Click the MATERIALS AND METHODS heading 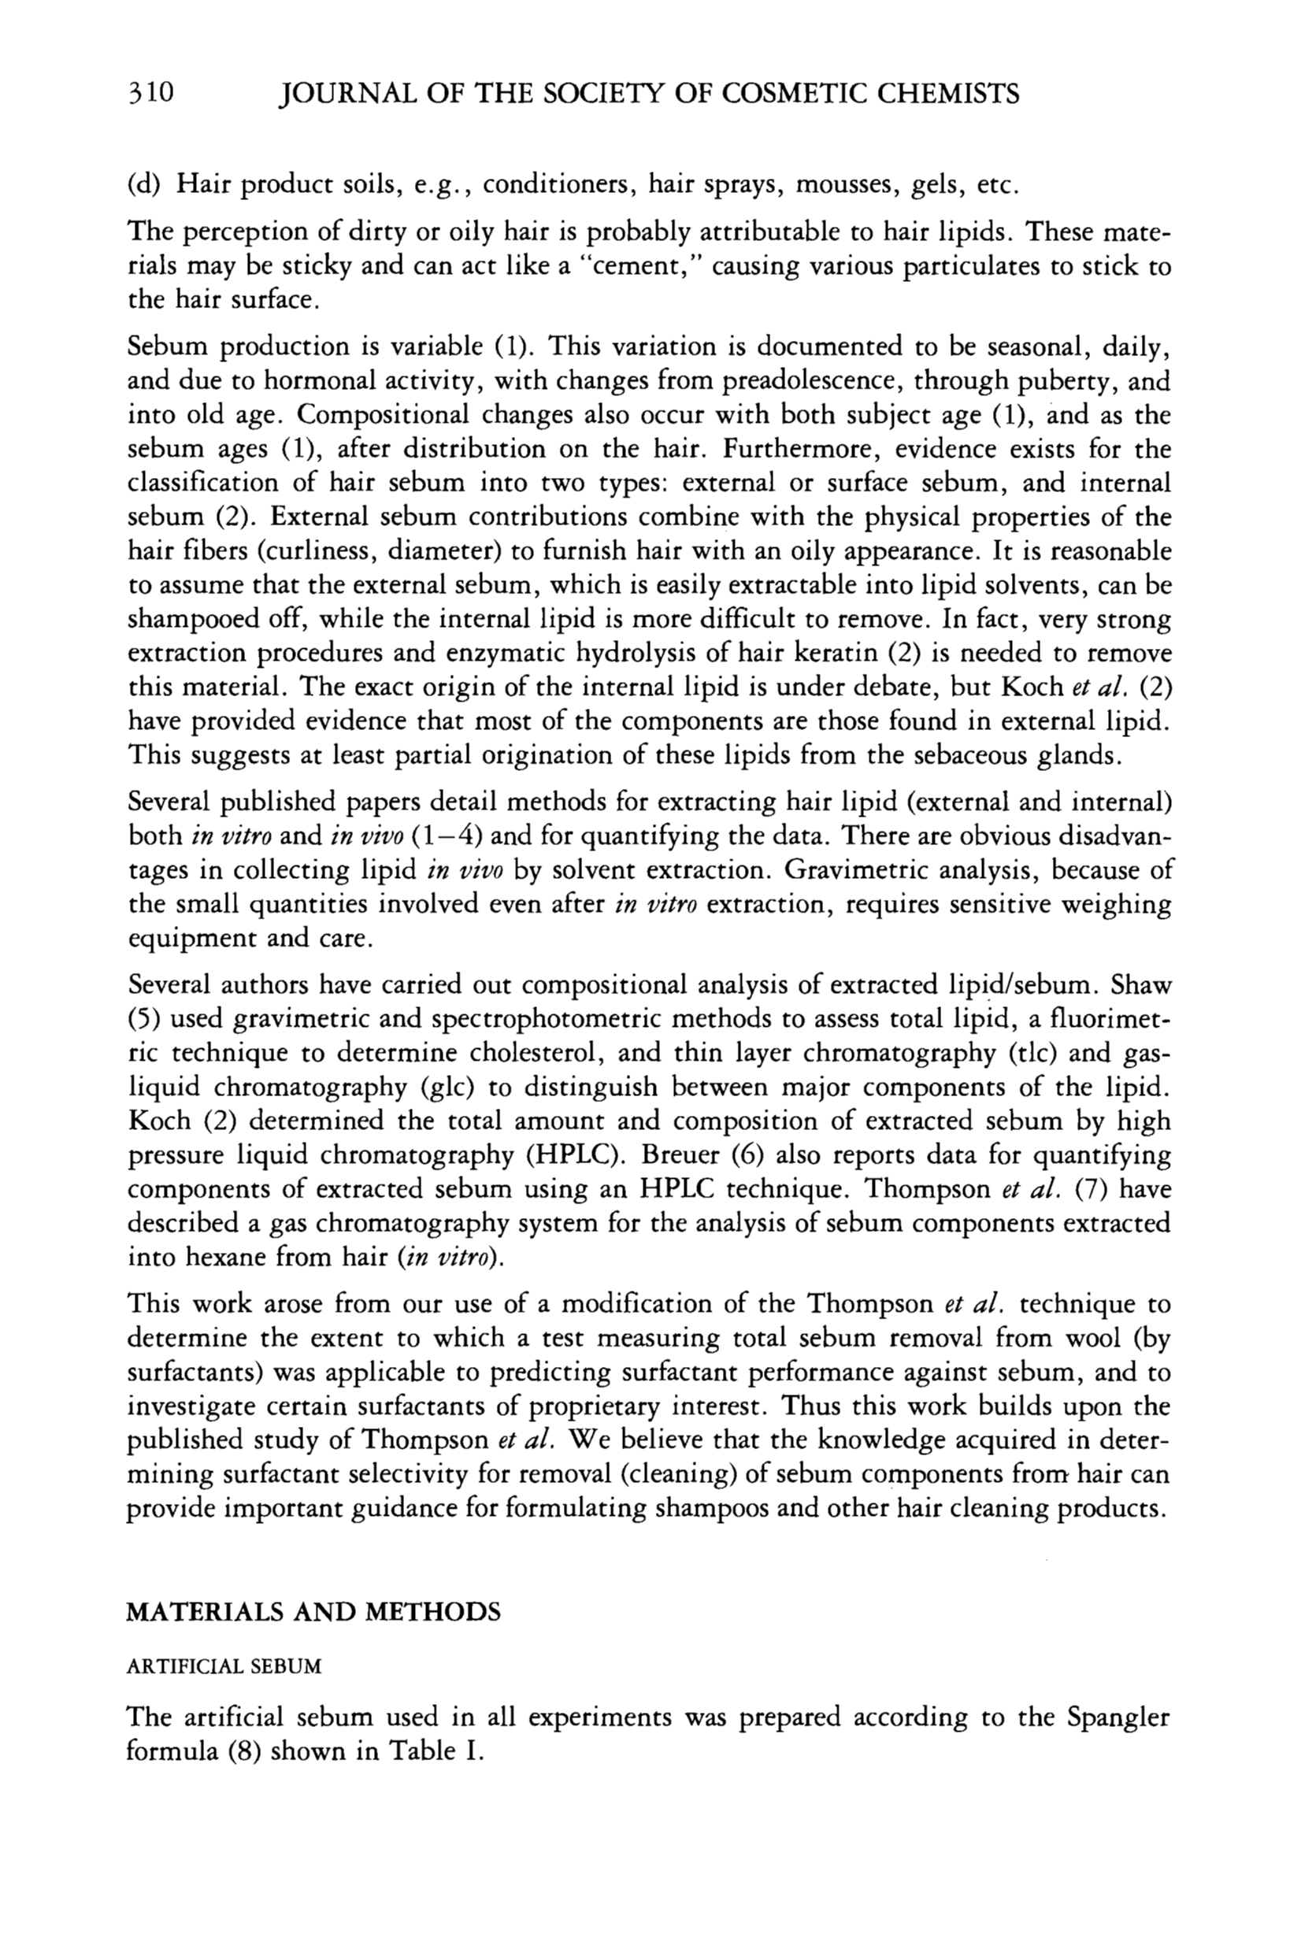pos(313,1612)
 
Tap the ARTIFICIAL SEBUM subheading pos(223,1666)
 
